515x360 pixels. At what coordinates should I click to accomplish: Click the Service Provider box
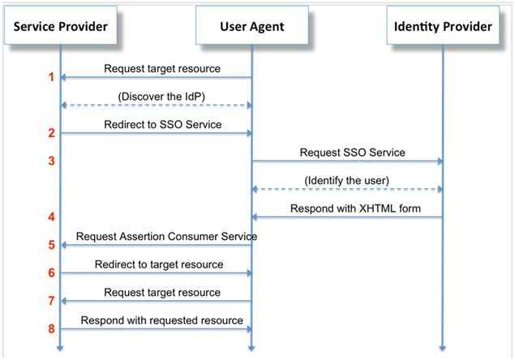[60, 27]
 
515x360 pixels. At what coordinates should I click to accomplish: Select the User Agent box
[251, 27]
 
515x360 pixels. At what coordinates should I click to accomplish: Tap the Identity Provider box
[443, 27]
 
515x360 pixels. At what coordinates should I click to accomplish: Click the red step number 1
[51, 78]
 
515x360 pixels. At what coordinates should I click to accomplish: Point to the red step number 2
[51, 133]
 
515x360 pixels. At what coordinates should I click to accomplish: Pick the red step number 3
[51, 161]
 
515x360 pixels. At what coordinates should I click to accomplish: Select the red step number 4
[51, 217]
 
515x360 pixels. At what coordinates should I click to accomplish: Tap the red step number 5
[51, 245]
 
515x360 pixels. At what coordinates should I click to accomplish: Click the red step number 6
[51, 273]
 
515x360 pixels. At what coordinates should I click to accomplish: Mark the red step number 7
[51, 301]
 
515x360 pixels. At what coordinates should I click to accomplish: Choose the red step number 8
[51, 329]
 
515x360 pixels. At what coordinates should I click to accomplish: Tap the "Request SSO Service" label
[352, 152]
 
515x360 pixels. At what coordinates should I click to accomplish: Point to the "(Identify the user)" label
[347, 180]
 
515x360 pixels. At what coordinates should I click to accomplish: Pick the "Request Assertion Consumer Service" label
[166, 236]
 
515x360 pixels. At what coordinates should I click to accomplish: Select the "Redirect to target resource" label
[158, 264]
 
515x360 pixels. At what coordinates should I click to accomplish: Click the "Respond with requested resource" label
[161, 320]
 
